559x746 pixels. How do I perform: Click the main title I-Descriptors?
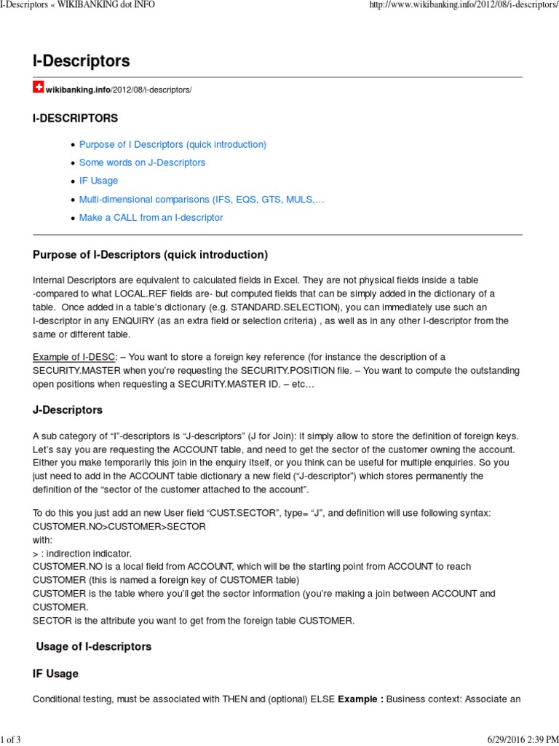81,60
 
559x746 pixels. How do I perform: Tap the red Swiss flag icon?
38,87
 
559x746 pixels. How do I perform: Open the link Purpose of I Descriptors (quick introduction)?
173,144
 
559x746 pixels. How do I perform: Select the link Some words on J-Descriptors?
142,162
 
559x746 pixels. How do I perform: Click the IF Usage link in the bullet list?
98,181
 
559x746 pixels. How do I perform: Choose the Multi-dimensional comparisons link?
201,199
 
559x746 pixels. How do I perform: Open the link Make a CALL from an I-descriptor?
151,217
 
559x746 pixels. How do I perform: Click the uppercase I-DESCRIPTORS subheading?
75,118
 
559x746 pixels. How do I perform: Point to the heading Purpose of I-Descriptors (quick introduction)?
150,254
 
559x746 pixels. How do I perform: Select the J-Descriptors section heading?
68,409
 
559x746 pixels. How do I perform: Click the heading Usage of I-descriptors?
93,646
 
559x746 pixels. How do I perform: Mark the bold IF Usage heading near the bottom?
55,673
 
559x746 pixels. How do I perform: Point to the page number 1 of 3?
11,740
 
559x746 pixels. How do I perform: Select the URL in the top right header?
464,5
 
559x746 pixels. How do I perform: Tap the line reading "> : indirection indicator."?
81,553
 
